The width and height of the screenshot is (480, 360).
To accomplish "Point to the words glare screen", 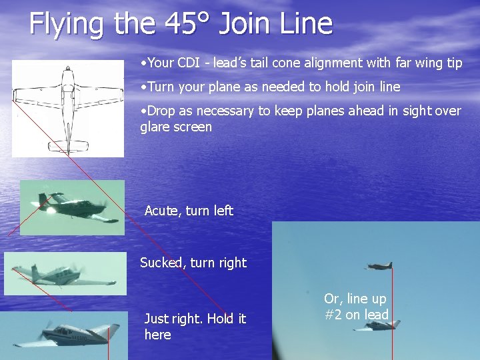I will click(x=176, y=127).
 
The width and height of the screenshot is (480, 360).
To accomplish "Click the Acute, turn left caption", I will click(x=189, y=211).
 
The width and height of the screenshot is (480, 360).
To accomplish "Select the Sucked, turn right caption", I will click(x=193, y=263).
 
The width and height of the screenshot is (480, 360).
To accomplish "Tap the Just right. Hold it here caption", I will click(x=195, y=326).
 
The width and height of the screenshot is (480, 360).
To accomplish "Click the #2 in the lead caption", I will click(x=333, y=315).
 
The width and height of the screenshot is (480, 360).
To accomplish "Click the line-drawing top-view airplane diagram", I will click(x=68, y=109).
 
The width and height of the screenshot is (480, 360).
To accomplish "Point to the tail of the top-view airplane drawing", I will click(x=68, y=145).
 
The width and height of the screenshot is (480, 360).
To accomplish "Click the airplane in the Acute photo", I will click(x=72, y=207).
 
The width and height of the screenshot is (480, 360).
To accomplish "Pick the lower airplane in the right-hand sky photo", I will click(x=380, y=325).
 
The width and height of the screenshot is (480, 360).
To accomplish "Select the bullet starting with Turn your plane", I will click(x=270, y=87).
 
